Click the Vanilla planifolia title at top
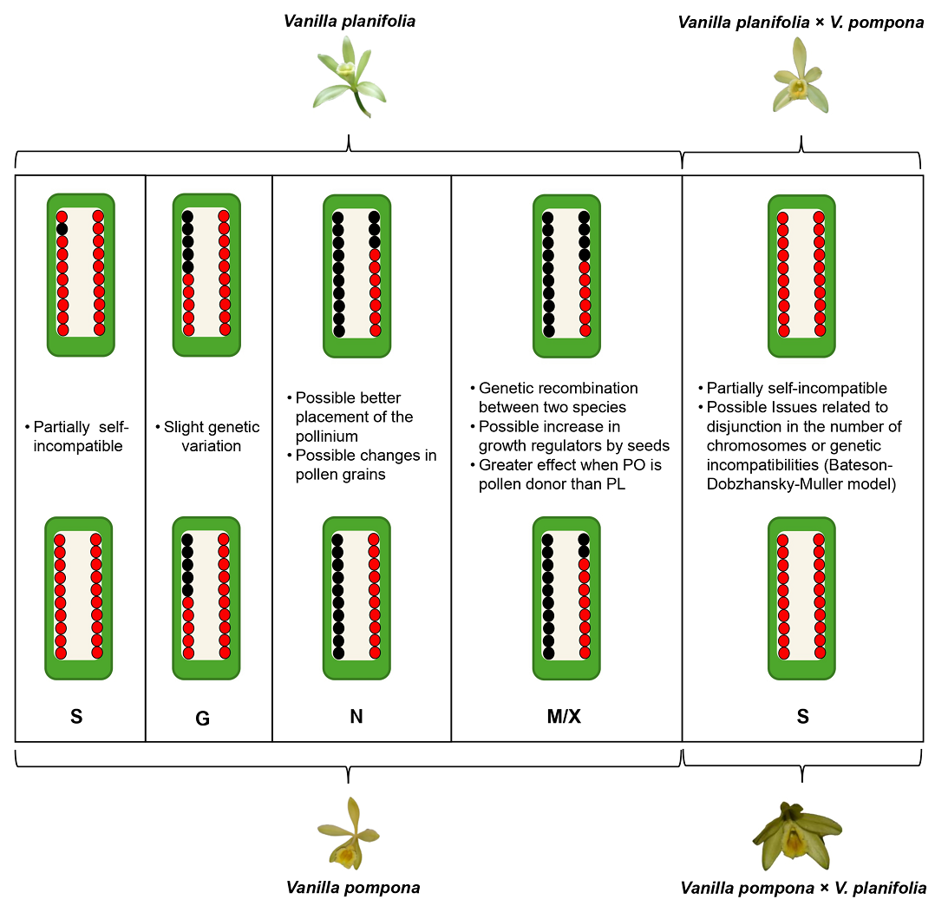coord(350,22)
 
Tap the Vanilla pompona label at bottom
coord(353,888)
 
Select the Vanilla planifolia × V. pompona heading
coord(801,23)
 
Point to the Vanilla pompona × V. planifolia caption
coord(803,888)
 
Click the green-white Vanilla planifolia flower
coord(350,76)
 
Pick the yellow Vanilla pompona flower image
coord(349,833)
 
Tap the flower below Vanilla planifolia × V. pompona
coord(801,75)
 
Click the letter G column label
coord(203,719)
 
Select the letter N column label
coord(356,716)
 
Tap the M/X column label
coord(564,716)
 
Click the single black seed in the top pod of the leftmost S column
coord(62,229)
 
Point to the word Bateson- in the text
coord(860,464)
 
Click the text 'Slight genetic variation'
coord(208,436)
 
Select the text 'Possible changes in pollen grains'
coord(362,464)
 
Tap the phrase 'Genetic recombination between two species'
coord(554,397)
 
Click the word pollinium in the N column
coord(327,436)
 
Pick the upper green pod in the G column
coord(206,275)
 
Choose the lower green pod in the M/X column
coord(566,598)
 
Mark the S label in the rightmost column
coord(802,716)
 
